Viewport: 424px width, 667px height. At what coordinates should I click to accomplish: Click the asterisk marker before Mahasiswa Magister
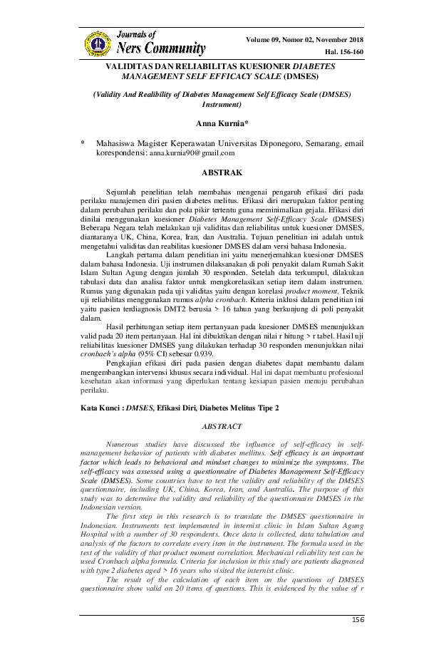click(83, 143)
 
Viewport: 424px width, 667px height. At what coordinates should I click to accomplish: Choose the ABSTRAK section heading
click(222, 172)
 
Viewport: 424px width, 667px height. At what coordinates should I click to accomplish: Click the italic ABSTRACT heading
click(222, 426)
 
